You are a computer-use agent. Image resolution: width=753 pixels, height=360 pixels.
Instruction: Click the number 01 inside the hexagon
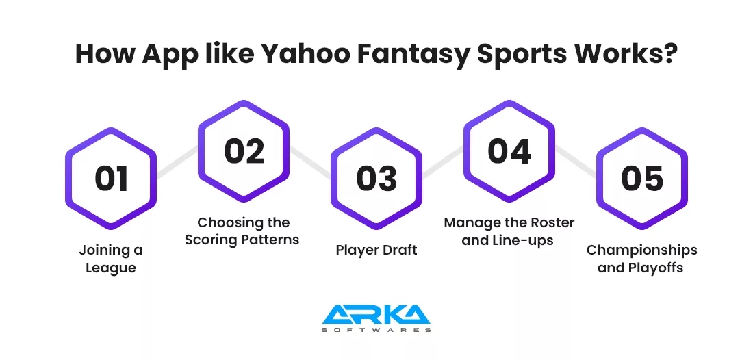tap(111, 179)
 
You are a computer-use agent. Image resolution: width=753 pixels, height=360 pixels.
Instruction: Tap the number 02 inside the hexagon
tap(244, 151)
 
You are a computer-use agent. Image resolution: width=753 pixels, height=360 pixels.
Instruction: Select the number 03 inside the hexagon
tap(376, 179)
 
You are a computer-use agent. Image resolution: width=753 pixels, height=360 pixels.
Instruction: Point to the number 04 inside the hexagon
tap(509, 151)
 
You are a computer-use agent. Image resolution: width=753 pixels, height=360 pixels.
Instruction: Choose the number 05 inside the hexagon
tap(642, 179)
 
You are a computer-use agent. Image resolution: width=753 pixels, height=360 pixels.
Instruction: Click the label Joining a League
tap(111, 259)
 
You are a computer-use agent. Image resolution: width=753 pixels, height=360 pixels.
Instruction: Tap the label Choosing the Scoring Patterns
tap(242, 231)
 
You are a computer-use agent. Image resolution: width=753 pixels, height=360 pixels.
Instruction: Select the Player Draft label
tap(376, 250)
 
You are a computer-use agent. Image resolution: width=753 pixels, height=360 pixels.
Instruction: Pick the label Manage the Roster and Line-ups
tap(509, 231)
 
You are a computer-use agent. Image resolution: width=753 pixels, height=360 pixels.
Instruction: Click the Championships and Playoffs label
tap(642, 259)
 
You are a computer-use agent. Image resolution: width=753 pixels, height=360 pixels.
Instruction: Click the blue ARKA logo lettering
tap(376, 314)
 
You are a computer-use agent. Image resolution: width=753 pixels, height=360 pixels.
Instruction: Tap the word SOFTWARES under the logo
tap(376, 331)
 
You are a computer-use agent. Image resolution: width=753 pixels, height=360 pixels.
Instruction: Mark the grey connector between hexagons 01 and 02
tap(177, 162)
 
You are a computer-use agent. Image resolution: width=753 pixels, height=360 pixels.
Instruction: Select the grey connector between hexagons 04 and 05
tap(576, 162)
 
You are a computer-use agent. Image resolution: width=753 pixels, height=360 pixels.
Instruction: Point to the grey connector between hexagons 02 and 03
tap(310, 162)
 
